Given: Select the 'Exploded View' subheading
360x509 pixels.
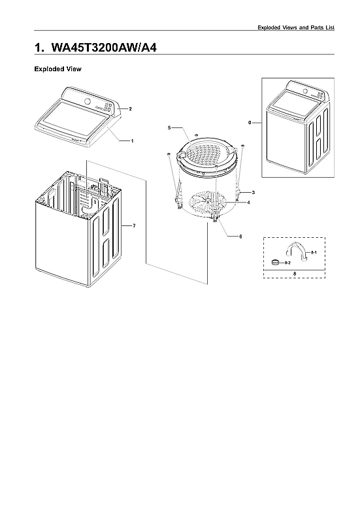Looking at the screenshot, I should tap(57, 69).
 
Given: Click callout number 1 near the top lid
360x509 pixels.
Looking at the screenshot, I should tap(133, 140).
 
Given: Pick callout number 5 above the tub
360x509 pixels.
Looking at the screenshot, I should tap(169, 127).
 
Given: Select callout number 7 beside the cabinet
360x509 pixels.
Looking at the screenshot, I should tap(133, 225).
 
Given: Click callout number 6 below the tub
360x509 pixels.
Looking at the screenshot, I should tap(240, 235).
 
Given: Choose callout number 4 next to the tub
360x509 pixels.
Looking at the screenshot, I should tap(248, 203).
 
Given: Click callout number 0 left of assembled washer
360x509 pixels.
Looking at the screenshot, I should tap(250, 122).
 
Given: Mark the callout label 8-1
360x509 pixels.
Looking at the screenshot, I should tap(313, 252).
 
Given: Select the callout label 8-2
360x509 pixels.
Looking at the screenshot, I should tap(288, 262).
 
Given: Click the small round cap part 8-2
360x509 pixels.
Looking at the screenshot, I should tap(276, 262).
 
